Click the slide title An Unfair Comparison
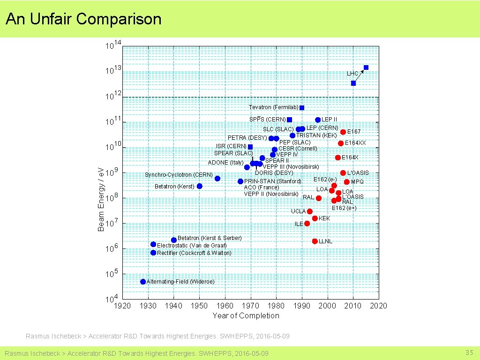[83, 19]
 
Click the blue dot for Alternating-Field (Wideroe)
[143, 282]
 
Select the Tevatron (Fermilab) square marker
[302, 108]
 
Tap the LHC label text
[352, 74]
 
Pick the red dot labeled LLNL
[315, 241]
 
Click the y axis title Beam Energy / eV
[101, 199]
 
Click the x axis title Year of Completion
[246, 315]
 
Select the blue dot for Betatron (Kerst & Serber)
[174, 240]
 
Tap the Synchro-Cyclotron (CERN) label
[172, 175]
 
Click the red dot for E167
[343, 132]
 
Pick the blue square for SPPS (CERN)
[289, 120]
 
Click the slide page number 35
[469, 352]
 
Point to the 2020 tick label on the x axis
[378, 306]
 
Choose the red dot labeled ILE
[307, 224]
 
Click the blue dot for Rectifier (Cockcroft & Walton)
[153, 253]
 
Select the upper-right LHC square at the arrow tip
[366, 67]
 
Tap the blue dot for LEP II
[318, 120]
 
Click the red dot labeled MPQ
[347, 182]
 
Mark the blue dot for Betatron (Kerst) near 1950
[200, 186]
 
